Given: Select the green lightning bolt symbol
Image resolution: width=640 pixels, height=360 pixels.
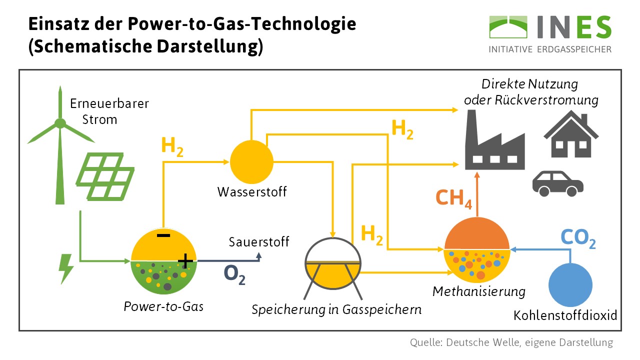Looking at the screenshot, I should click(65, 269).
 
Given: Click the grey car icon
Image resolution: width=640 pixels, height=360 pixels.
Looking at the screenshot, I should click(557, 182).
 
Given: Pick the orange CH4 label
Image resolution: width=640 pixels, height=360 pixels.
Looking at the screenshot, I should click(454, 198).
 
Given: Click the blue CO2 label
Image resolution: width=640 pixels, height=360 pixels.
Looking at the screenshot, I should click(577, 239).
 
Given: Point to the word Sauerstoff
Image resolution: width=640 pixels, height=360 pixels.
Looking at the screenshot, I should click(259, 242).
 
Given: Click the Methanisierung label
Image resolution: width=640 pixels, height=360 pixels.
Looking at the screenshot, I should click(478, 291).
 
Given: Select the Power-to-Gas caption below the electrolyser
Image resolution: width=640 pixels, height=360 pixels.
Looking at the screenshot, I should click(163, 306).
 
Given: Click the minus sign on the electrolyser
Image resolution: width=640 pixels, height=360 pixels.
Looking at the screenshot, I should click(163, 235).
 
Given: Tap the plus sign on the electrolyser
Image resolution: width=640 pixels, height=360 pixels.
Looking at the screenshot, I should click(185, 260).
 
